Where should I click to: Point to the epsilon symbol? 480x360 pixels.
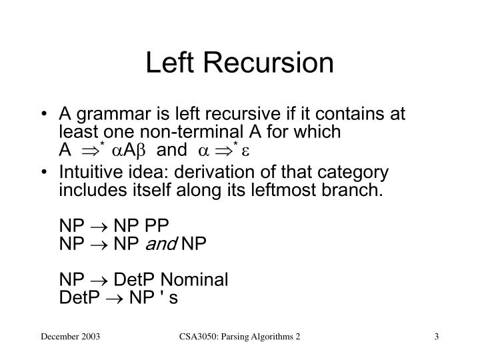pyautogui.click(x=244, y=150)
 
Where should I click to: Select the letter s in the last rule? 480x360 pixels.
pyautogui.click(x=174, y=297)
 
